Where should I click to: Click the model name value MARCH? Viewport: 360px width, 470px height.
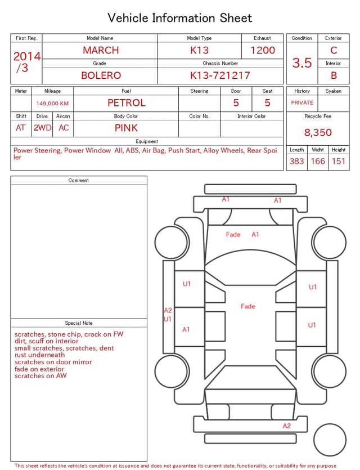click(x=101, y=50)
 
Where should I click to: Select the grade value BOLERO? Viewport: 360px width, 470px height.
click(x=101, y=75)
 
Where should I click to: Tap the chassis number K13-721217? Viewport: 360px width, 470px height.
click(x=220, y=75)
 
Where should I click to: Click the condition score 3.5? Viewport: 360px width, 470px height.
click(x=302, y=62)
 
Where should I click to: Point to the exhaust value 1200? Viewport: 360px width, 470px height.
click(x=263, y=50)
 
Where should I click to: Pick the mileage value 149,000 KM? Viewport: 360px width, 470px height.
click(x=52, y=104)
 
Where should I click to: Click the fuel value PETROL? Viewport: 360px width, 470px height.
click(x=127, y=103)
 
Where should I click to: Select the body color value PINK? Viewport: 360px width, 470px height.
click(x=126, y=128)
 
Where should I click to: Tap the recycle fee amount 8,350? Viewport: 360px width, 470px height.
click(x=318, y=132)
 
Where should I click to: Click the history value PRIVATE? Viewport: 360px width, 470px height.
click(x=302, y=102)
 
